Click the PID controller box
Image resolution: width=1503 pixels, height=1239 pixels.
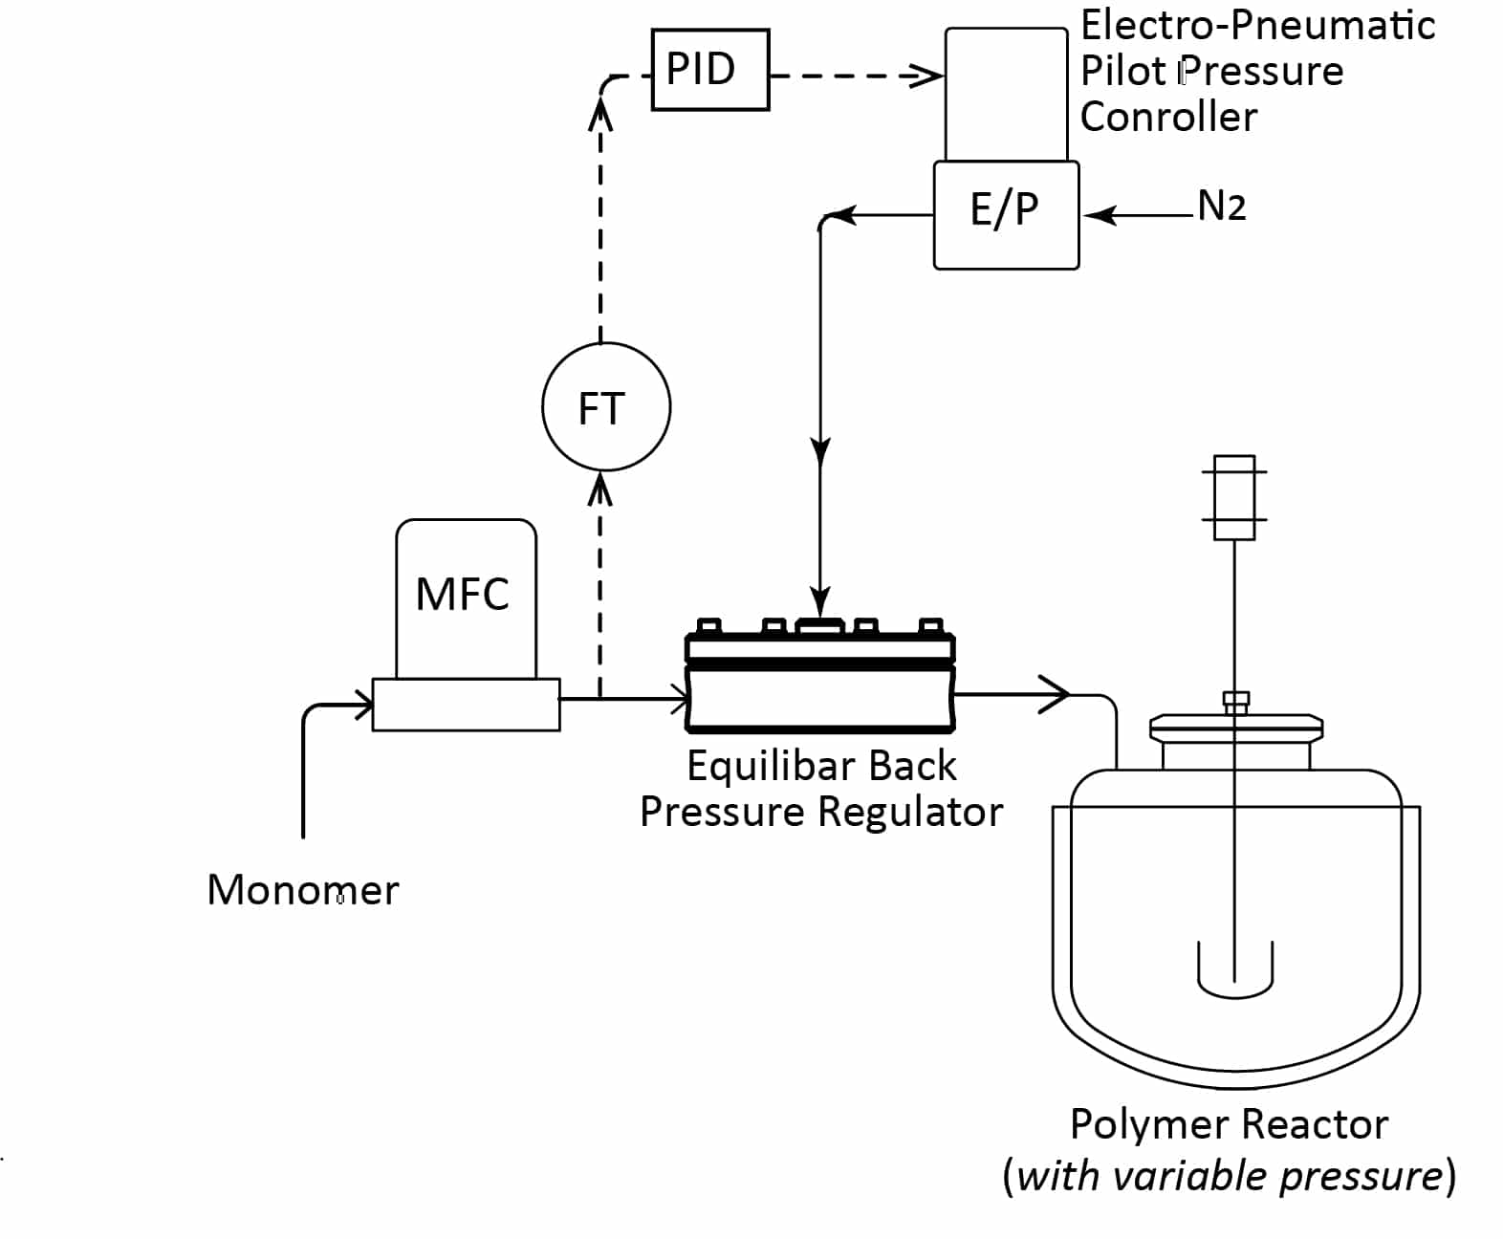pos(709,70)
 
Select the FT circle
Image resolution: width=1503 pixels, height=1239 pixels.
pos(605,407)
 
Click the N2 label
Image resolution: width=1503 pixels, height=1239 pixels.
pos(1221,206)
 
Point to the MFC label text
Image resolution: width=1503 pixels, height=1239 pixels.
pos(462,594)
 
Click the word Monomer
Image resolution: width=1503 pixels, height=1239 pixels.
pos(302,890)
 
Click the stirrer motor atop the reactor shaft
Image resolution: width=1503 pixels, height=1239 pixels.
pos(1233,497)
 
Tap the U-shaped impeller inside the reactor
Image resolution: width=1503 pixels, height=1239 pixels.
pos(1234,970)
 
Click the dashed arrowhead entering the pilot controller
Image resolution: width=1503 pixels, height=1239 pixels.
pos(926,76)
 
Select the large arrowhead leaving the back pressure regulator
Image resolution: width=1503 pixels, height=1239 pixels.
pos(1055,694)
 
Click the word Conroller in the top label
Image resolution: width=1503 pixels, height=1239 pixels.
pos(1168,117)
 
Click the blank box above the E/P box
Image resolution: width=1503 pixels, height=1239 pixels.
pos(1006,94)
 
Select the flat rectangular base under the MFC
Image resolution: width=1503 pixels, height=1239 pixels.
pos(466,705)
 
